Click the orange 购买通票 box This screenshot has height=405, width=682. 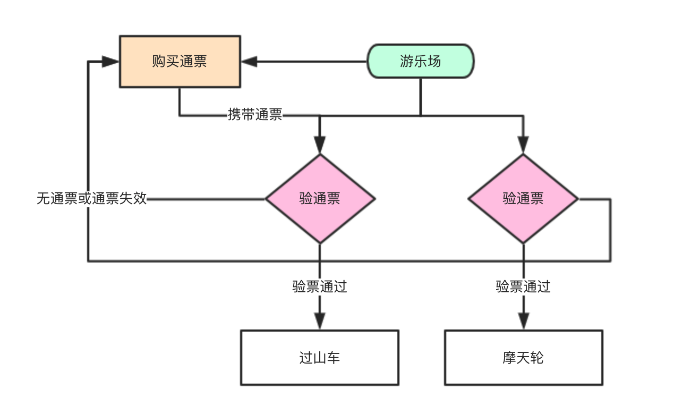point(180,62)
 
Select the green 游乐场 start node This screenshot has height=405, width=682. point(421,61)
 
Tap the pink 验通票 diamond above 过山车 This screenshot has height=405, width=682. point(320,199)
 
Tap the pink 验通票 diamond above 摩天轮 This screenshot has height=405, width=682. point(523,199)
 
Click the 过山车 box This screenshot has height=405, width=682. point(320,358)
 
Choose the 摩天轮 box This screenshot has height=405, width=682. point(523,358)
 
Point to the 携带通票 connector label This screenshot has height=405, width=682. point(255,115)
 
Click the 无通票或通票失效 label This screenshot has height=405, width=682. point(92,198)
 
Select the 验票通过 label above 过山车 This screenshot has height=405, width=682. point(320,286)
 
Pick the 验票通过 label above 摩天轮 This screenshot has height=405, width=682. point(523,286)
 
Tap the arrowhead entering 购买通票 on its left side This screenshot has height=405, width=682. point(109,62)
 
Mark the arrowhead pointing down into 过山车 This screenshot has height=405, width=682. point(320,321)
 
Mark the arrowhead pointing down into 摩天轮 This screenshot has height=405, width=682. point(523,321)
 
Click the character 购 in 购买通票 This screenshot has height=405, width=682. point(159,61)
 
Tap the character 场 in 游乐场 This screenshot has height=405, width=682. point(434,61)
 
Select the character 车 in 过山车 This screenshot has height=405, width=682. point(334,358)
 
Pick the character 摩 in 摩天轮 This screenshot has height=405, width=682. point(509,358)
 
